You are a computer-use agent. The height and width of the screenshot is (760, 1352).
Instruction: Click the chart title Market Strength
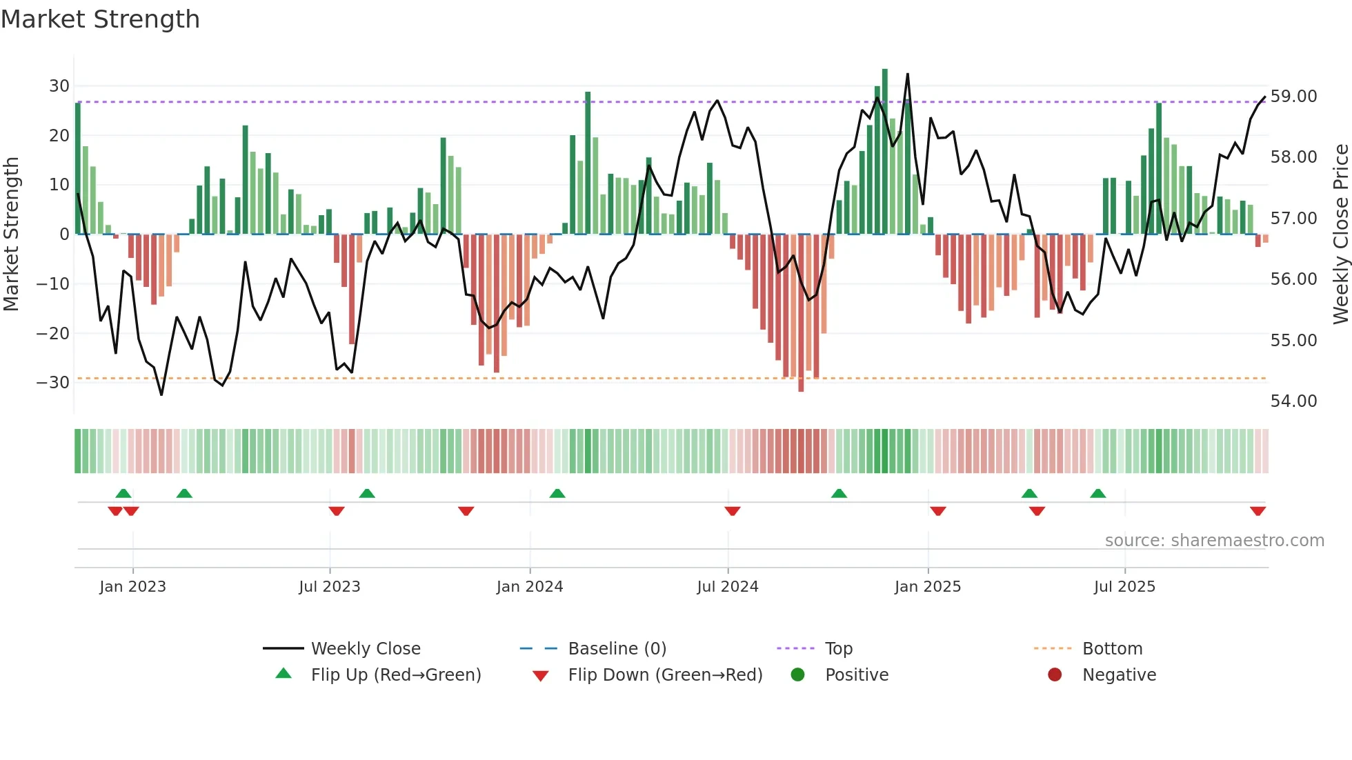pos(100,19)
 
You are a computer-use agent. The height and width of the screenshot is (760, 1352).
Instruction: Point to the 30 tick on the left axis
pos(59,86)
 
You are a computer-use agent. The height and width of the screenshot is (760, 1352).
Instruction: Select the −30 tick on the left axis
pos(54,383)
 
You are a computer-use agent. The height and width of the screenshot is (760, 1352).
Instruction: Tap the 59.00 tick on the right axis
pos(1293,97)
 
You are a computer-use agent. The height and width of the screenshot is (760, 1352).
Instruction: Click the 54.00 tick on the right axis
pos(1293,401)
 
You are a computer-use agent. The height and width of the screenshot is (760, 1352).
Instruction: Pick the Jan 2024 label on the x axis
pos(529,587)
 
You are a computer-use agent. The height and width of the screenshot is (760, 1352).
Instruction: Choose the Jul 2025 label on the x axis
pos(1124,587)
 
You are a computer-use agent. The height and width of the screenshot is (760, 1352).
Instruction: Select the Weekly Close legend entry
pos(365,649)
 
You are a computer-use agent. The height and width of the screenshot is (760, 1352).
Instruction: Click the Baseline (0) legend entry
pos(617,649)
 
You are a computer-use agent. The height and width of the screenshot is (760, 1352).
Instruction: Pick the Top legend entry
pos(838,649)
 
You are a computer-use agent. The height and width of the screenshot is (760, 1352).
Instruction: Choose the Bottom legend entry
pos(1112,649)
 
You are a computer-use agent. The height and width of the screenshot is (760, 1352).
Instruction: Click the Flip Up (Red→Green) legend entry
pos(395,675)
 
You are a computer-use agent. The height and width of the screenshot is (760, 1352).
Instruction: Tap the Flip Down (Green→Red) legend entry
pos(665,675)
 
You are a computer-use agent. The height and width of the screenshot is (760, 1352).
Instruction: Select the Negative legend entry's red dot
pos(1055,675)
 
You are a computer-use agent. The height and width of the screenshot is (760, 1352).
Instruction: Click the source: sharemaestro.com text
pos(1214,541)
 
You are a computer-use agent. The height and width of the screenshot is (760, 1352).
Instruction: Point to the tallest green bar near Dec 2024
pos(885,152)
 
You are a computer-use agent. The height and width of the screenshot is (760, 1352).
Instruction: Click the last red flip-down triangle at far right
pos(1257,511)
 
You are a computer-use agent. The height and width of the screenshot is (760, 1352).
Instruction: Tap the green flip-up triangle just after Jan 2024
pos(557,493)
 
